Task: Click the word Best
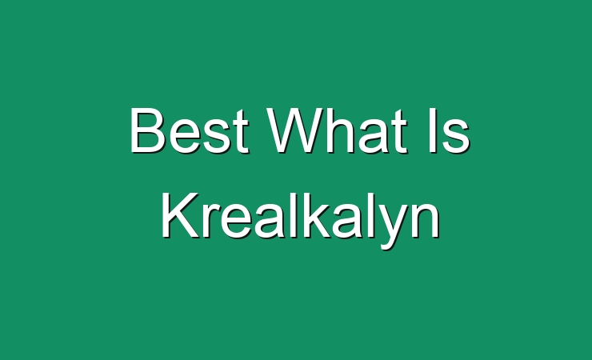click(189, 130)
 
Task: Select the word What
click(337, 130)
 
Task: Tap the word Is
click(449, 130)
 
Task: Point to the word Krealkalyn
click(301, 215)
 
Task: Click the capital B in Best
click(148, 130)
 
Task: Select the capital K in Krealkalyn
click(180, 215)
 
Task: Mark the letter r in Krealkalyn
click(211, 221)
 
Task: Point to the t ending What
click(399, 132)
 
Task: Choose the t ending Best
click(241, 132)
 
